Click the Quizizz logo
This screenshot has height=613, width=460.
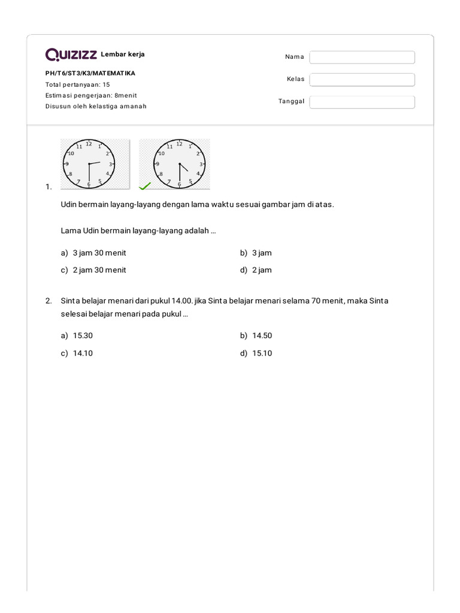71,55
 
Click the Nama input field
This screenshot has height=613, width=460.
362,57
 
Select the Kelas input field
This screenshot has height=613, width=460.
362,80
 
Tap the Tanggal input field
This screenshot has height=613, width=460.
362,102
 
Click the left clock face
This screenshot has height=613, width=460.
89,163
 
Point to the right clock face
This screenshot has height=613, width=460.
179,163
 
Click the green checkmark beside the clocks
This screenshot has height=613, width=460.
144,186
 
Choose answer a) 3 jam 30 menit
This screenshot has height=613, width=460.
99,253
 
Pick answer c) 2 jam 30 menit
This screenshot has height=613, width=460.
99,270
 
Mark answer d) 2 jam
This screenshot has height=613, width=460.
262,270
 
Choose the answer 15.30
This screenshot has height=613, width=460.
83,336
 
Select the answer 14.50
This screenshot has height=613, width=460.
262,336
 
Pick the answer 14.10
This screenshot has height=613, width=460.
83,353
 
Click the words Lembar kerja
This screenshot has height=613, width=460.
123,54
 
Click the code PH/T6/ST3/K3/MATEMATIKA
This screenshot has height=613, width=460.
90,73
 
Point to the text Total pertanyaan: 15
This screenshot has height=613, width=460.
78,84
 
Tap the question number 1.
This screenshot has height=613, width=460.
49,187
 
